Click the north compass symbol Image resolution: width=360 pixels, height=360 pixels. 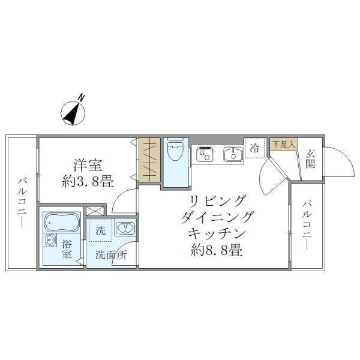coord(74,110)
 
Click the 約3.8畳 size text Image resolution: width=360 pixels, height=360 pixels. coord(88,181)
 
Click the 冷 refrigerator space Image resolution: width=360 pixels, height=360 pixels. coord(254,148)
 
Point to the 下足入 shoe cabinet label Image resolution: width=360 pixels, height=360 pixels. coord(283,144)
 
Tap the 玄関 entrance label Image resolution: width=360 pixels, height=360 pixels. coord(310,158)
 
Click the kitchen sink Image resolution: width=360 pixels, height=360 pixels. coord(232,155)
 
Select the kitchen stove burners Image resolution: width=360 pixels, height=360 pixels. coord(204,155)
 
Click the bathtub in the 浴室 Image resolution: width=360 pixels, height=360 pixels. coord(61,223)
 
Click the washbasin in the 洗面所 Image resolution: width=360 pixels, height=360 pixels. coord(125,228)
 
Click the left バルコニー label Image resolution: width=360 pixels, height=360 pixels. coord(21,202)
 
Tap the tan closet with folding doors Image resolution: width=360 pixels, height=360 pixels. coord(150,160)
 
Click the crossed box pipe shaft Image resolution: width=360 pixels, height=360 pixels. coord(94,211)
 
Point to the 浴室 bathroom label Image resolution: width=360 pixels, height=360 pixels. coord(67,249)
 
